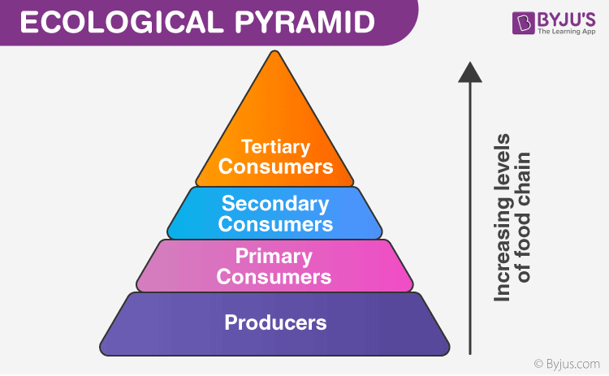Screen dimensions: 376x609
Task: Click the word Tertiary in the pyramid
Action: (275, 147)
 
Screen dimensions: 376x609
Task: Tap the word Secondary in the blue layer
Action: (275, 203)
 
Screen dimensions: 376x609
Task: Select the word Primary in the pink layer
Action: (274, 257)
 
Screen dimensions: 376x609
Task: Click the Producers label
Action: (275, 322)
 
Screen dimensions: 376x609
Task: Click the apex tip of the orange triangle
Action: (275, 52)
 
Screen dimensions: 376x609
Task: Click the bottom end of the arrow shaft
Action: (469, 353)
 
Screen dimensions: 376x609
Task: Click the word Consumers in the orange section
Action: (275, 166)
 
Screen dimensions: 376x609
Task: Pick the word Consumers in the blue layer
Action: (275, 223)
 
